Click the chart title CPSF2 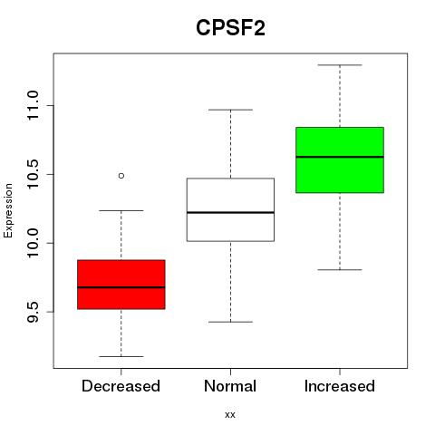coord(230,28)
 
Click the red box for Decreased coord(121,285)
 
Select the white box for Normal coord(230,209)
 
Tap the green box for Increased coord(340,159)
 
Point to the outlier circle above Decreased coord(121,176)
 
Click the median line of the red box coord(121,287)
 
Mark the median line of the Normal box coord(230,213)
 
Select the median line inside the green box coord(340,157)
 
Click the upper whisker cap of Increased coord(340,65)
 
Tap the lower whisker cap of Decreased coord(121,356)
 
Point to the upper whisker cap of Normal coord(230,110)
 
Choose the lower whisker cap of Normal coord(230,322)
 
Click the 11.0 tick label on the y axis coord(33,105)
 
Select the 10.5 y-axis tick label coord(33,174)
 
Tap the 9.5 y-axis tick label coord(33,312)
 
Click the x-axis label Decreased coord(121,386)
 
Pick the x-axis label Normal coord(230,386)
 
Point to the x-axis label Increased coord(340,386)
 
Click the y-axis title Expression coord(8,210)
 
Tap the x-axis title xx coord(230,415)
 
